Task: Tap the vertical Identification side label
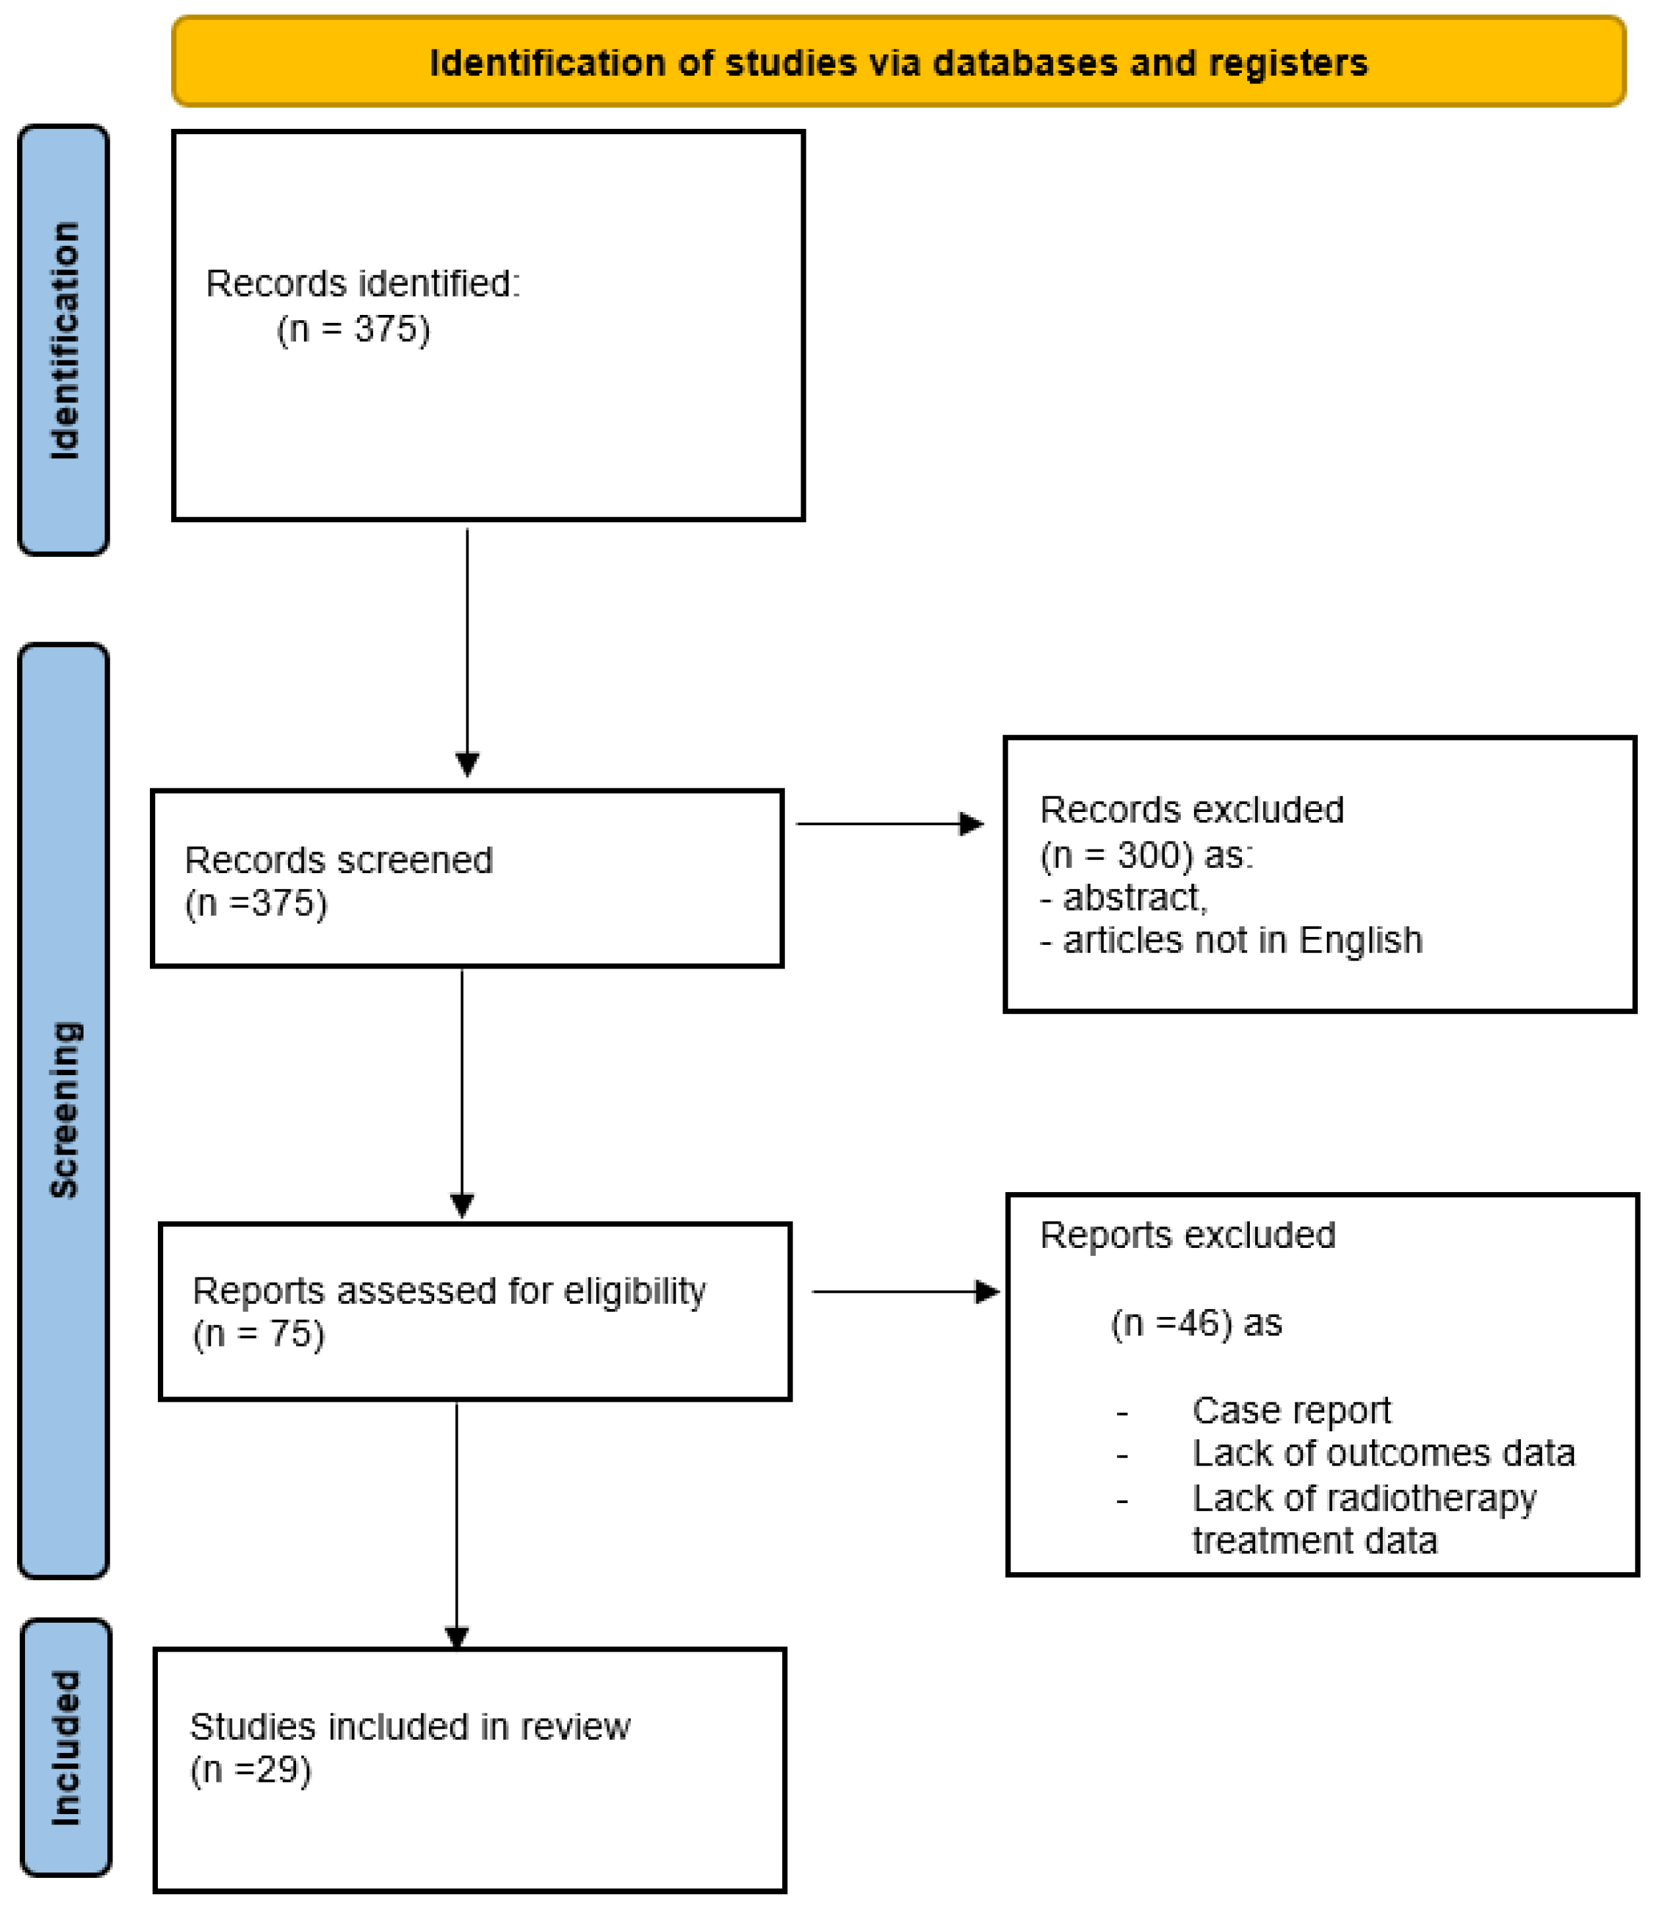click(64, 341)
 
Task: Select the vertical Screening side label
click(64, 1110)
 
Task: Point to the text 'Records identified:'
click(363, 283)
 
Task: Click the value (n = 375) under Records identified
click(354, 329)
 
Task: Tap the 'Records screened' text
click(339, 860)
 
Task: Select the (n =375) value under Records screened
click(257, 903)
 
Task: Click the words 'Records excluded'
click(1191, 810)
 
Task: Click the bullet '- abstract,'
click(1124, 897)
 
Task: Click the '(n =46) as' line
click(1196, 1324)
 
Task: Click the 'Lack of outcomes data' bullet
click(1383, 1453)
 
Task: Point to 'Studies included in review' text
click(410, 1727)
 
